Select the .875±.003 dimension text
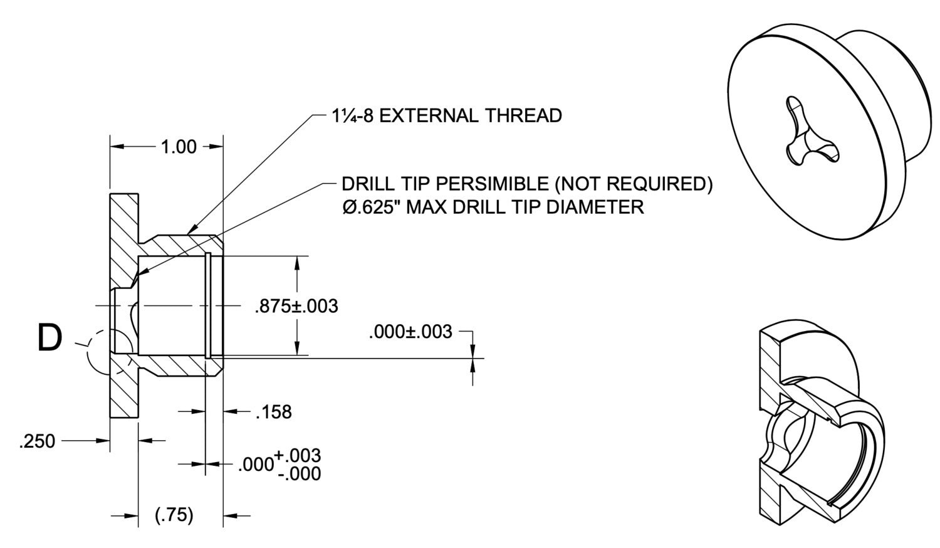click(296, 306)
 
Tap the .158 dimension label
click(273, 412)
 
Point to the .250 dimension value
click(37, 441)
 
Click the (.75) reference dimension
click(174, 515)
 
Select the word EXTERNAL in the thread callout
click(426, 115)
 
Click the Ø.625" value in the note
click(372, 206)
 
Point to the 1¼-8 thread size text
click(353, 115)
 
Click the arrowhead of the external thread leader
click(190, 233)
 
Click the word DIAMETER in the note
click(595, 206)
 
